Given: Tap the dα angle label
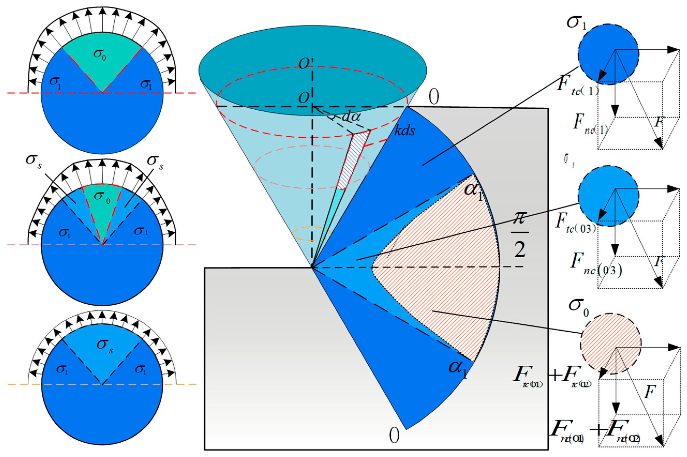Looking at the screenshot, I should (x=351, y=117).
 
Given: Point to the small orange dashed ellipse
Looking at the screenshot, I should (x=311, y=234).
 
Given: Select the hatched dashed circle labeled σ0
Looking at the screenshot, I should (x=611, y=344).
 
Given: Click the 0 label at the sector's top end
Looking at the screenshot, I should (x=434, y=98).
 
